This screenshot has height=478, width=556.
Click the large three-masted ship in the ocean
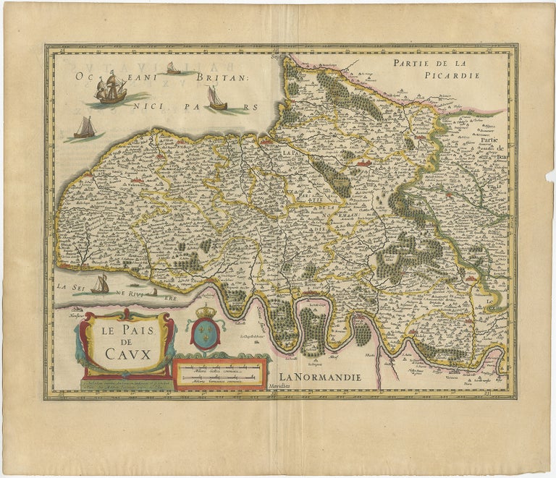(x=111, y=88)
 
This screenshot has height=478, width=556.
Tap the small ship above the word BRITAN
(x=173, y=68)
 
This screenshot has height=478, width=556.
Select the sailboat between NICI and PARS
(x=216, y=98)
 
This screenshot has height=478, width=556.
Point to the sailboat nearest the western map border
(x=85, y=128)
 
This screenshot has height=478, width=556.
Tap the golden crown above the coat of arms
(x=206, y=311)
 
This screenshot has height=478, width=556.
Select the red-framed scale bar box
(x=221, y=375)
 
